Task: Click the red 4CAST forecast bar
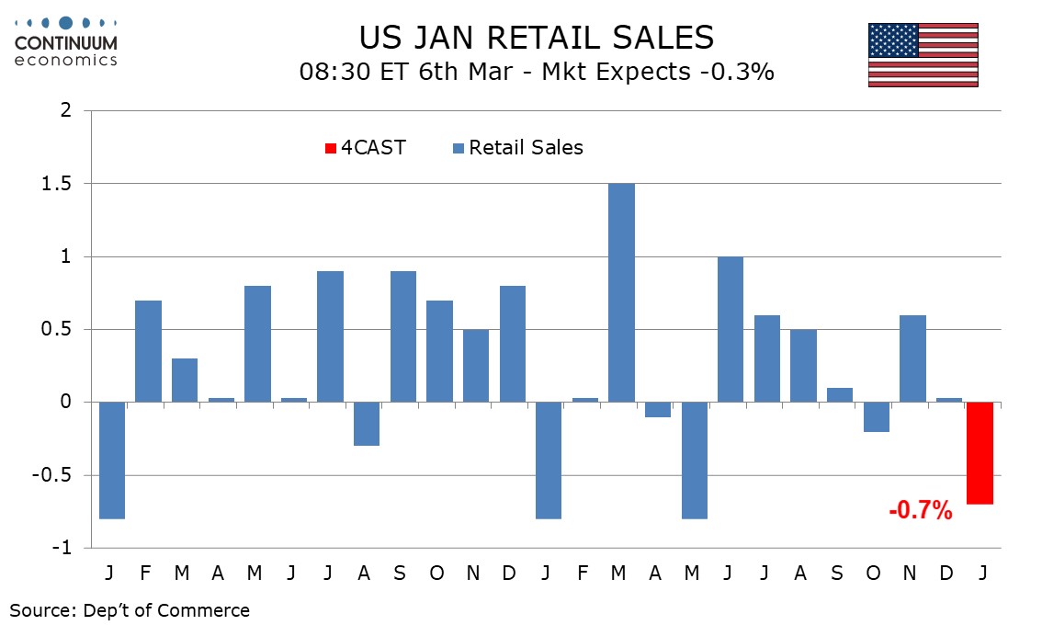(x=980, y=453)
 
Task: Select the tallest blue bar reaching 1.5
(x=621, y=292)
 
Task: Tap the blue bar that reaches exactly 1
(x=731, y=329)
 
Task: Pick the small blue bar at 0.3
(x=184, y=381)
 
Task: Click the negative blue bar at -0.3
(x=366, y=424)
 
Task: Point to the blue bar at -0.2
(x=876, y=417)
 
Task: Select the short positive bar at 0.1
(x=840, y=395)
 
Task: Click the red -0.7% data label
(x=920, y=511)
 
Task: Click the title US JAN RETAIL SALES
(x=536, y=37)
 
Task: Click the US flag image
(x=923, y=55)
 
